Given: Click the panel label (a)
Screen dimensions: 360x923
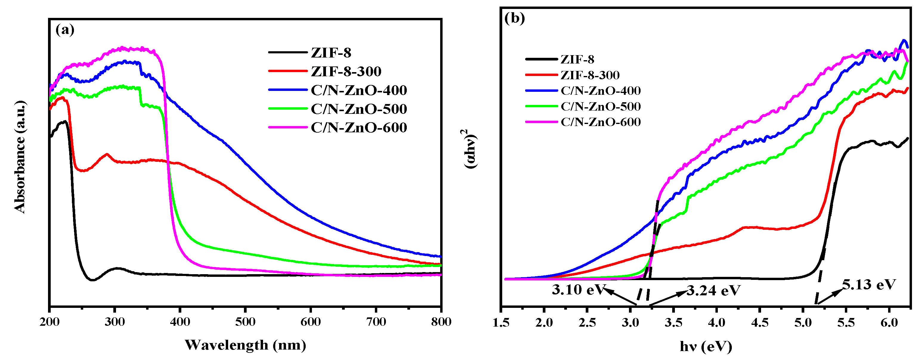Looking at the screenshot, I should (65, 30).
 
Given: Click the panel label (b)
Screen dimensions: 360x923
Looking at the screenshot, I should (514, 18).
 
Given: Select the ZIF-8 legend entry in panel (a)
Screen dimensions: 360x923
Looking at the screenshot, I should (331, 53).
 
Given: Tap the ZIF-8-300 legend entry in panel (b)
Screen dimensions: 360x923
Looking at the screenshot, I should (590, 75).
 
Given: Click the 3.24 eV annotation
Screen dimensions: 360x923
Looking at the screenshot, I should (713, 291).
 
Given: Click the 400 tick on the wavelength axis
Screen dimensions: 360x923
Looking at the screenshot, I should (180, 322).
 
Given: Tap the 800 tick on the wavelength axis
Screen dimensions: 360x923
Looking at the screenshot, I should (441, 322).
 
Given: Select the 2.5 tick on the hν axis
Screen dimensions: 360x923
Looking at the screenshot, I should (587, 323).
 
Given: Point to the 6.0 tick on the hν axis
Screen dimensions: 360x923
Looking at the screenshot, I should (889, 323).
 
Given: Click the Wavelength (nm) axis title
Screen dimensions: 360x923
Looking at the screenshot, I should (245, 345).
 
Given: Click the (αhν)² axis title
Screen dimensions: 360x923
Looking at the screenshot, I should (470, 149).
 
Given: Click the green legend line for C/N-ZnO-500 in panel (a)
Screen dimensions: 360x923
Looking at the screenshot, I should (288, 108).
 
